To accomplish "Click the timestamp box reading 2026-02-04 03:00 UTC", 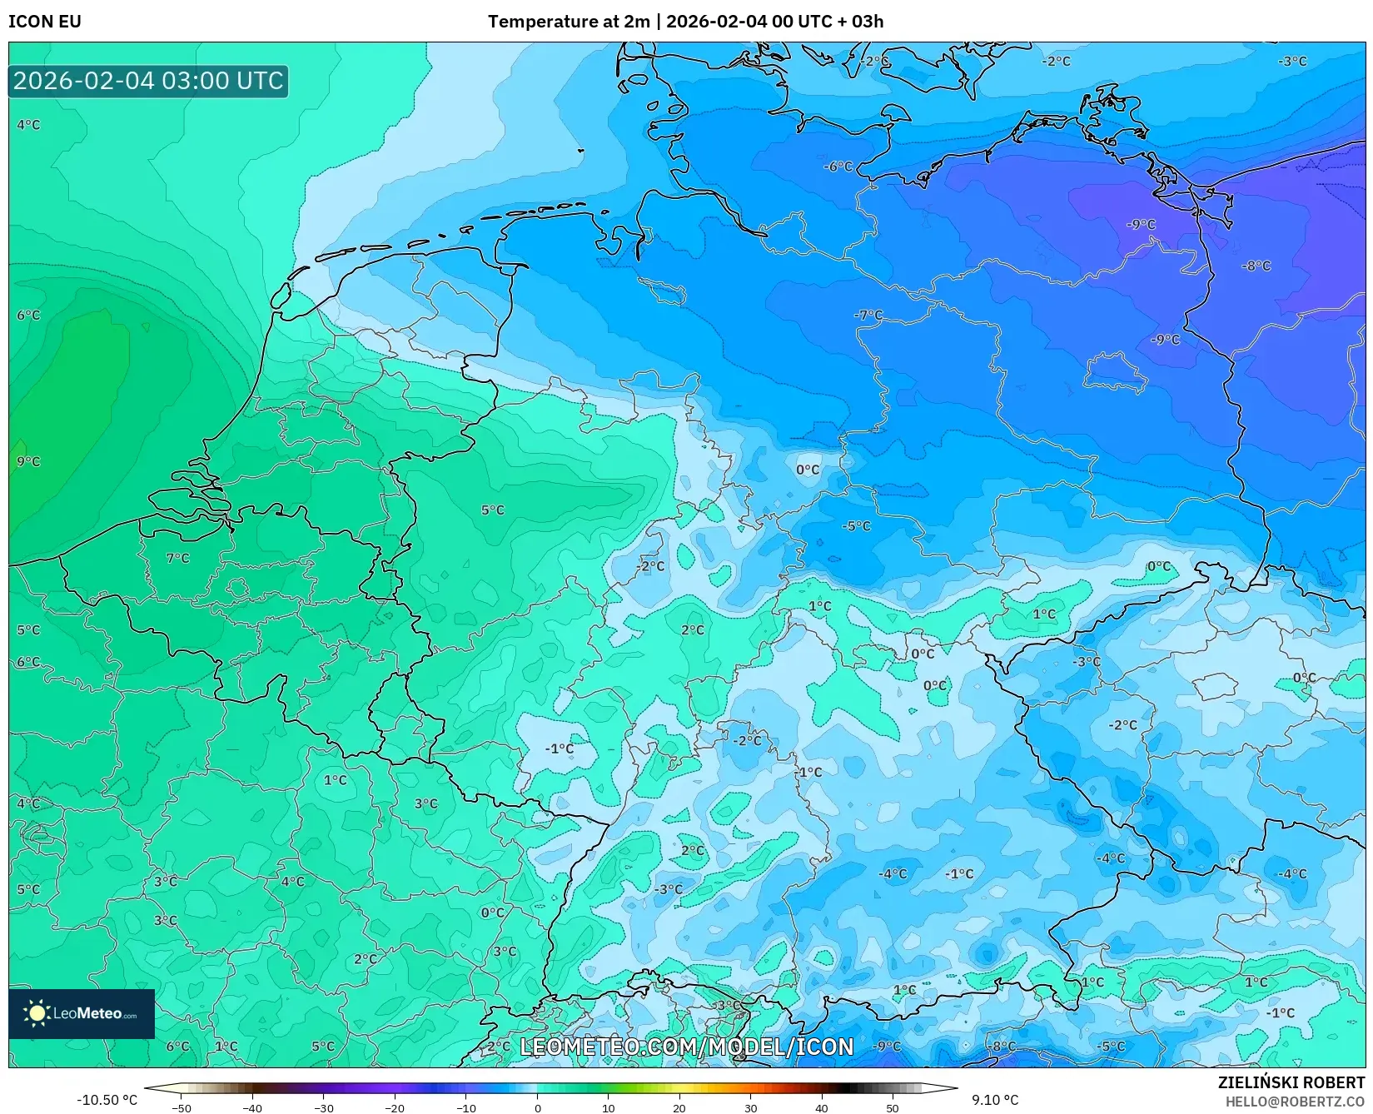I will (148, 81).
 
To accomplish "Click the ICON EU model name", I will (45, 22).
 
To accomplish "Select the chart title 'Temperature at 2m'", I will (569, 22).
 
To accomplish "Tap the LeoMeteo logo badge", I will (82, 1013).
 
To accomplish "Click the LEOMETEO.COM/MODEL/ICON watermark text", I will (687, 1047).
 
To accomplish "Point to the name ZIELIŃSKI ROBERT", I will (1291, 1082).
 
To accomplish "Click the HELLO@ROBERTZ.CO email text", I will (1295, 1102).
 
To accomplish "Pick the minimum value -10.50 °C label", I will (107, 1100).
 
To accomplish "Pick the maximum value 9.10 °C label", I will (995, 1100).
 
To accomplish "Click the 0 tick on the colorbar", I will (538, 1107).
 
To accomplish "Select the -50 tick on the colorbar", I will (181, 1107).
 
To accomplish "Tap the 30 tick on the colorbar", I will (751, 1107).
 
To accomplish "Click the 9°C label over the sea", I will (28, 461).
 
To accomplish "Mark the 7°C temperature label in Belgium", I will (178, 558).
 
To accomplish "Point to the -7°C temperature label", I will (868, 315).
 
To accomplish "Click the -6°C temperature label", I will (838, 167).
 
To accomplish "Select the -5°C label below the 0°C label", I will (856, 526).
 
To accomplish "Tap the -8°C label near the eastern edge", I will (1256, 266).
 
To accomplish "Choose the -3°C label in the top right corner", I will (1293, 61).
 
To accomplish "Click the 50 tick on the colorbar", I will (893, 1107).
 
